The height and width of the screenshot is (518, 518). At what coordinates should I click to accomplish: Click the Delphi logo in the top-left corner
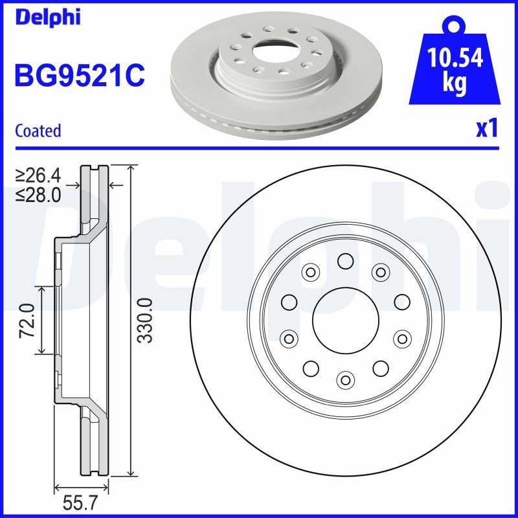[x=47, y=17]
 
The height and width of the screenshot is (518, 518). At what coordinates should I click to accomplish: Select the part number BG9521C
[x=79, y=76]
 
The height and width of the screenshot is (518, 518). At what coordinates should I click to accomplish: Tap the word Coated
[x=38, y=131]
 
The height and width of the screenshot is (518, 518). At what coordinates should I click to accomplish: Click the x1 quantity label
[x=486, y=129]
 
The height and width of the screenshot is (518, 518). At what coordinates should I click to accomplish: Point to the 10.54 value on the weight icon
[x=455, y=60]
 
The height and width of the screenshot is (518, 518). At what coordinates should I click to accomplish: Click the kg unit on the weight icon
[x=455, y=85]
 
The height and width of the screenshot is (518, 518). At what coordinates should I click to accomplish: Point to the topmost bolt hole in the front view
[x=345, y=261]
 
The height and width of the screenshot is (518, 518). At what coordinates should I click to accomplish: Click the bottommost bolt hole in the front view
[x=345, y=379]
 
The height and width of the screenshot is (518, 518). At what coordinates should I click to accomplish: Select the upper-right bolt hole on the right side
[x=402, y=302]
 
